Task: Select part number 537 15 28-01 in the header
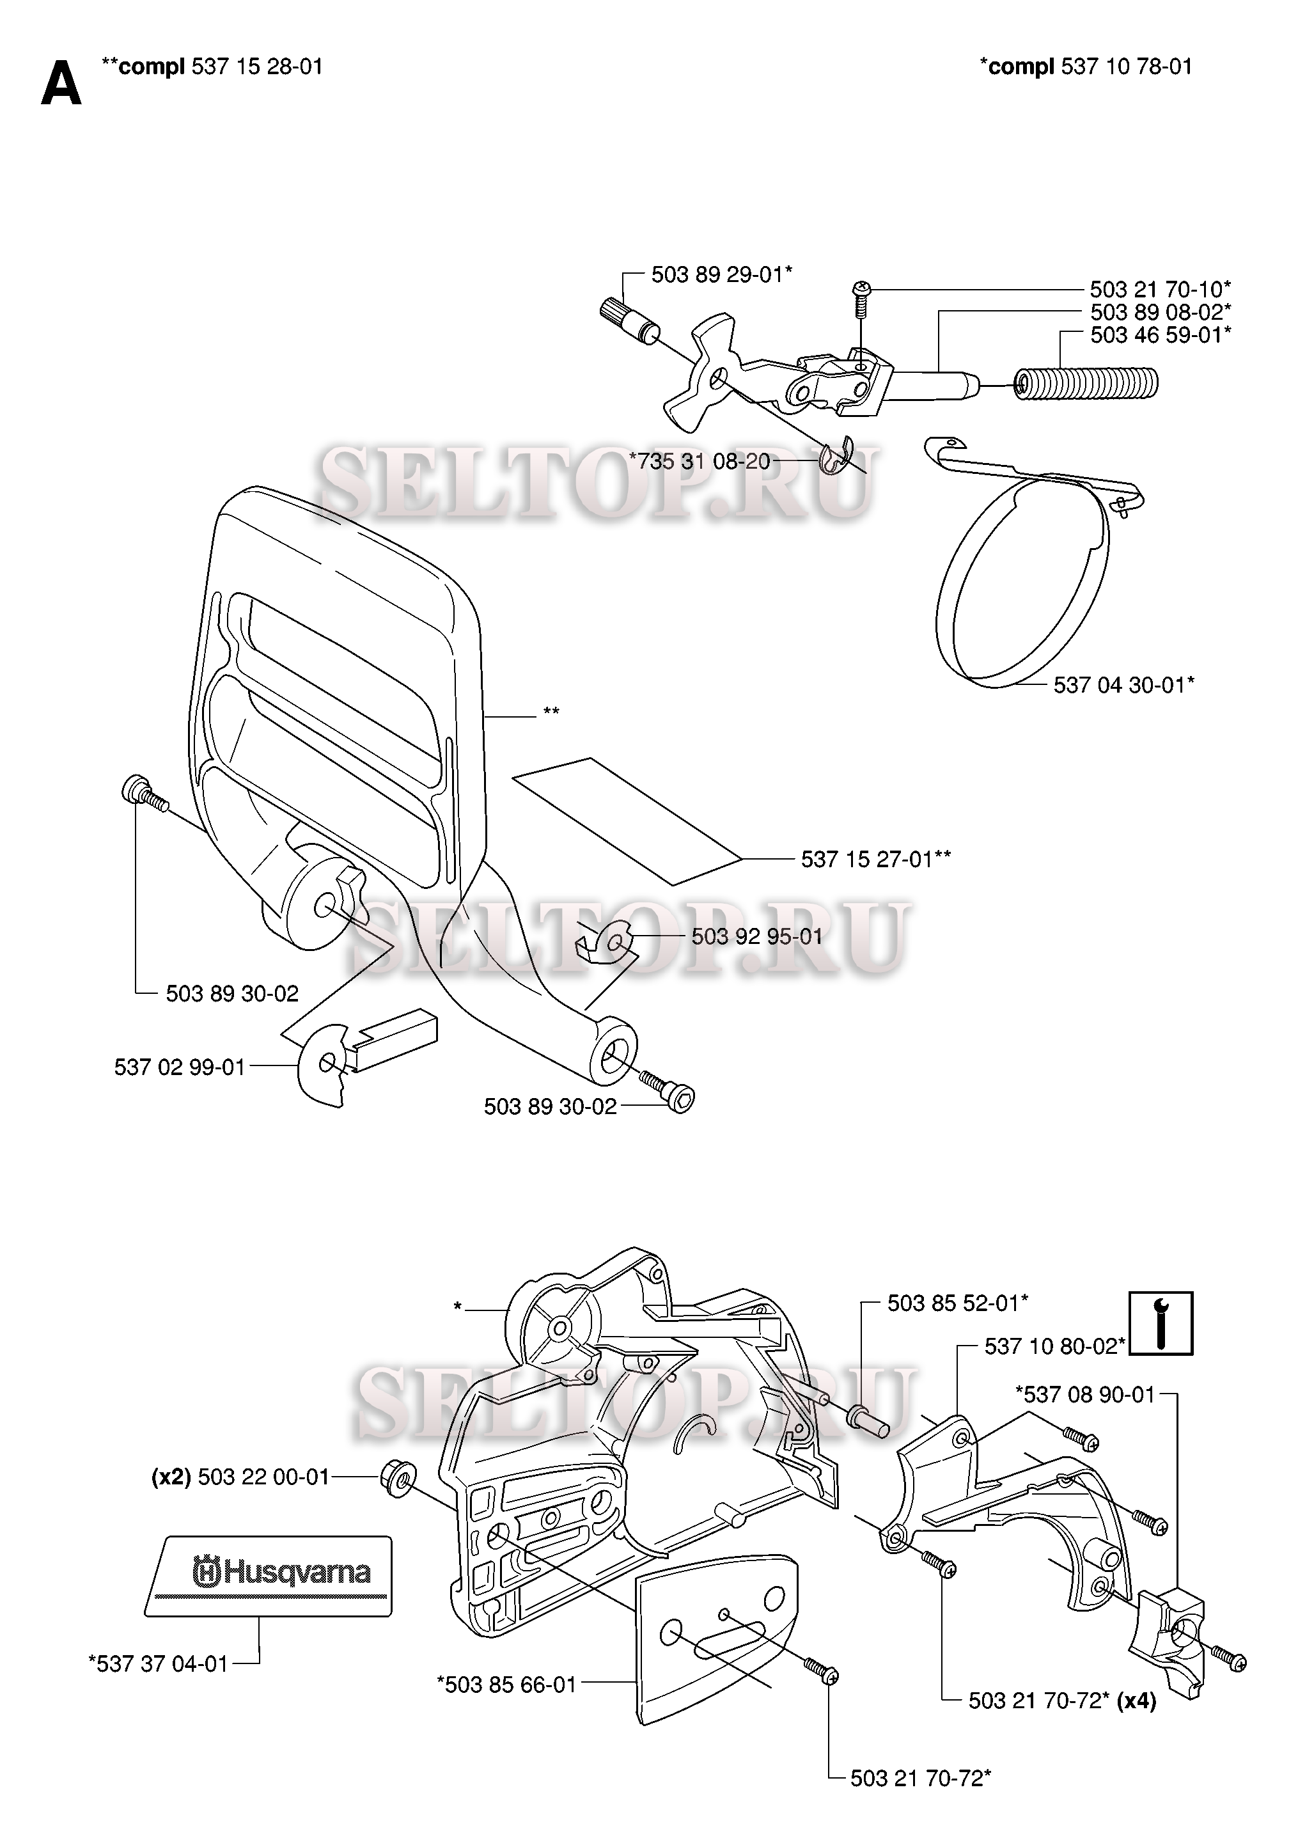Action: coord(256,67)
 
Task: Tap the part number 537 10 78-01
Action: coord(1126,67)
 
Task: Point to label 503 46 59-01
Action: coord(1160,335)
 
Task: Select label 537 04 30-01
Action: coord(1123,685)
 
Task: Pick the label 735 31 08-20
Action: coord(700,461)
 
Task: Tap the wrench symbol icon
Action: coord(1161,1323)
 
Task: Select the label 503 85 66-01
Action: coord(506,1685)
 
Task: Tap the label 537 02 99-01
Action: coord(180,1067)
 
